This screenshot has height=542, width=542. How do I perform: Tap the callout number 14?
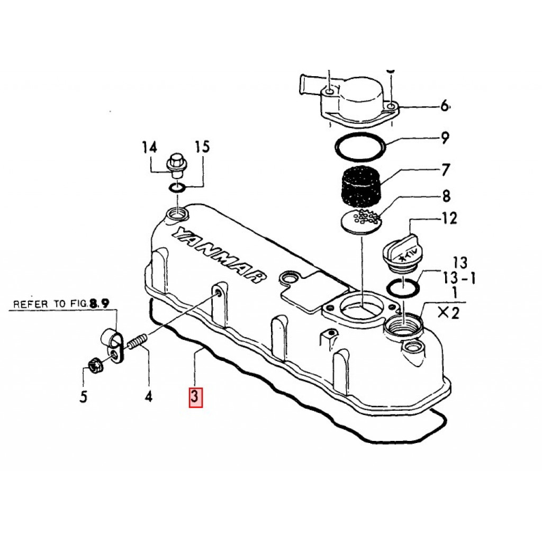[150, 148]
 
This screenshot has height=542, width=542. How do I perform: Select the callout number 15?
[202, 147]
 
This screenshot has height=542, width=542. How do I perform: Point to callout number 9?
[445, 138]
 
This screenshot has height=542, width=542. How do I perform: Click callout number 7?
[446, 170]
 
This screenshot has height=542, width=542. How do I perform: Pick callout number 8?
[446, 196]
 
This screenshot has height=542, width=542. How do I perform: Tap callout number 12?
[449, 218]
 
